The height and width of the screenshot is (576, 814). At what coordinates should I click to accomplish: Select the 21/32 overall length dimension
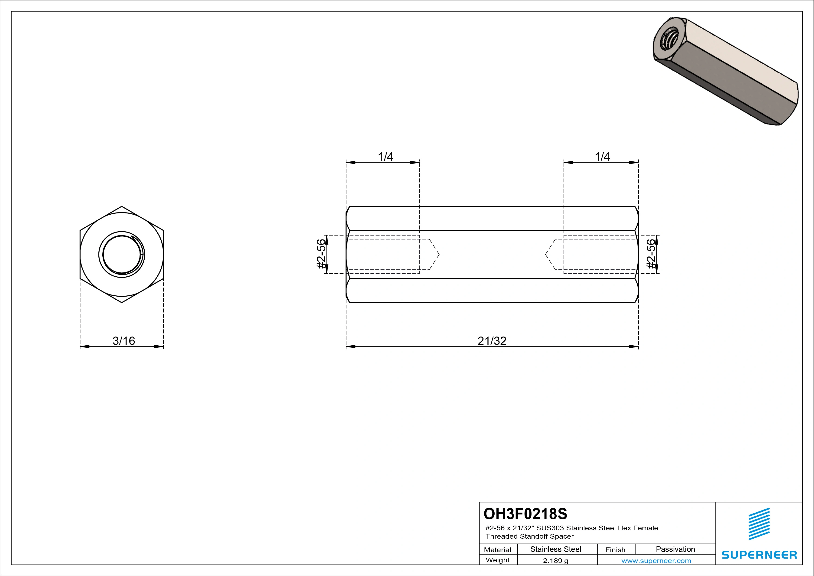[x=492, y=341]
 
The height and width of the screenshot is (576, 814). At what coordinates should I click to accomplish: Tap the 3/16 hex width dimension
[x=124, y=341]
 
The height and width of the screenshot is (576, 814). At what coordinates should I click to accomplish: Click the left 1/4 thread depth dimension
[x=385, y=157]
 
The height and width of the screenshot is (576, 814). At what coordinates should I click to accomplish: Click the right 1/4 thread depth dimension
[x=602, y=157]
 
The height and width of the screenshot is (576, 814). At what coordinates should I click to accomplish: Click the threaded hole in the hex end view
[x=122, y=254]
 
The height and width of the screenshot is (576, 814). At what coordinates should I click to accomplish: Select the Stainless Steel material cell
[x=555, y=549]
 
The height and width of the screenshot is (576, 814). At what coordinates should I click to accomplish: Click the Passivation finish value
[x=675, y=549]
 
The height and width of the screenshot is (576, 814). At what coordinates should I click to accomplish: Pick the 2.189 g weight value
[x=555, y=561]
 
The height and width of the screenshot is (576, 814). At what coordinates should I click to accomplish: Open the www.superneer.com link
[x=656, y=561]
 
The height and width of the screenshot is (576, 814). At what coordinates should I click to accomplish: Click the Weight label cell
[x=497, y=560]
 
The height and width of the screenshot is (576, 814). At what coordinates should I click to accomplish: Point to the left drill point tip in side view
[x=439, y=254]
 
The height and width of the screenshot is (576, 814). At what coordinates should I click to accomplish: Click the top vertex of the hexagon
[x=122, y=206]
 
